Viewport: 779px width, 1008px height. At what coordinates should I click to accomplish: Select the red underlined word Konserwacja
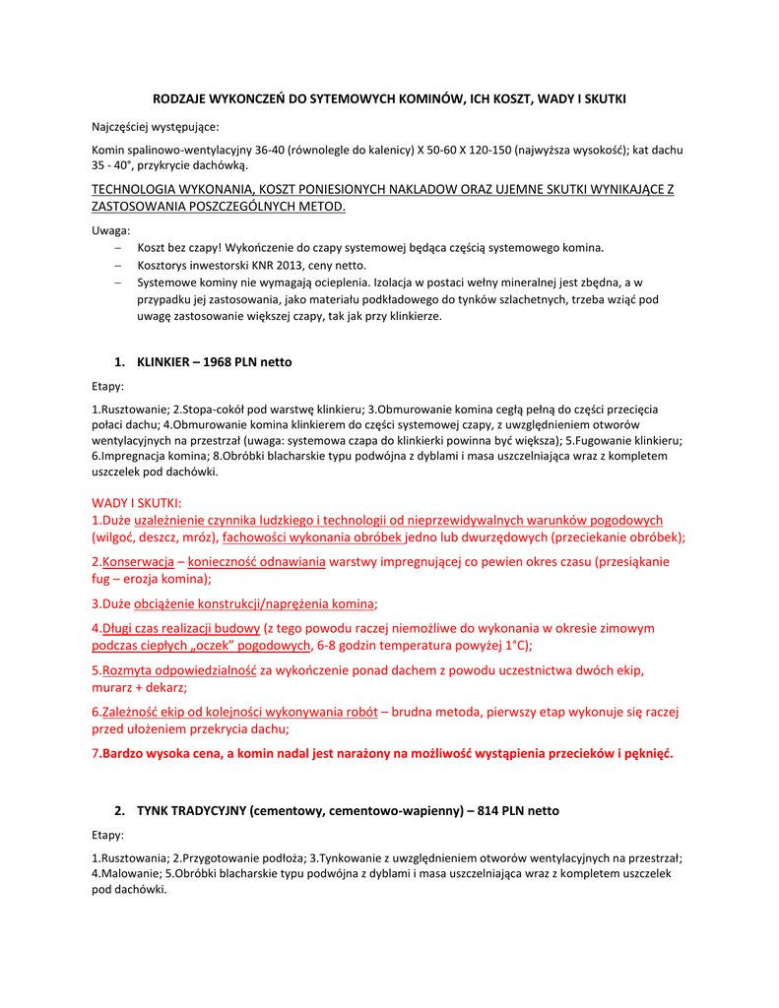(x=138, y=562)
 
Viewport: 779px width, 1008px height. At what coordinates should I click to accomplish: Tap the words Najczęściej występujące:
(x=156, y=127)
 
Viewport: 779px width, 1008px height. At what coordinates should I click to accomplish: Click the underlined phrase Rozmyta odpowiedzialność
(x=179, y=670)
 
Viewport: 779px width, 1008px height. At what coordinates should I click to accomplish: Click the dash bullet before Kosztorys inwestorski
(x=118, y=266)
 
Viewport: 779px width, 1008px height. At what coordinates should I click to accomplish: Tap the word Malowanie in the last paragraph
(x=129, y=872)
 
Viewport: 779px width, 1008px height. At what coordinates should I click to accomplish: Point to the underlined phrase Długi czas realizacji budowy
(x=181, y=628)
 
